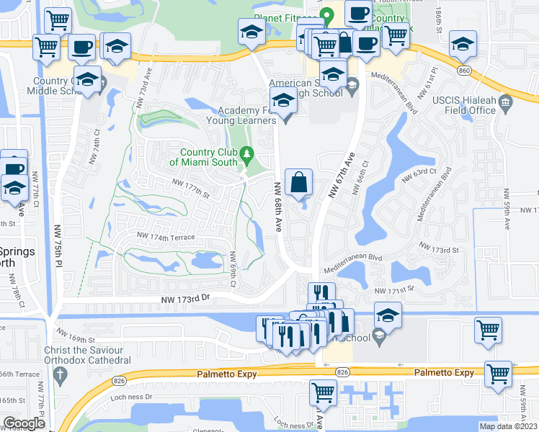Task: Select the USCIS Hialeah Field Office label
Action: [x=464, y=105]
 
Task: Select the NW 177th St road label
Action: [x=190, y=189]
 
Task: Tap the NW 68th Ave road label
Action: [x=277, y=206]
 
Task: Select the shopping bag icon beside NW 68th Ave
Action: [x=299, y=183]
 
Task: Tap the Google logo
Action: [x=24, y=423]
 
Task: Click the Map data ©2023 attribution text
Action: [x=508, y=426]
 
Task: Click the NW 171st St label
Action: [x=395, y=289]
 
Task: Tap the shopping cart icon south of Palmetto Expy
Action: [x=323, y=393]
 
